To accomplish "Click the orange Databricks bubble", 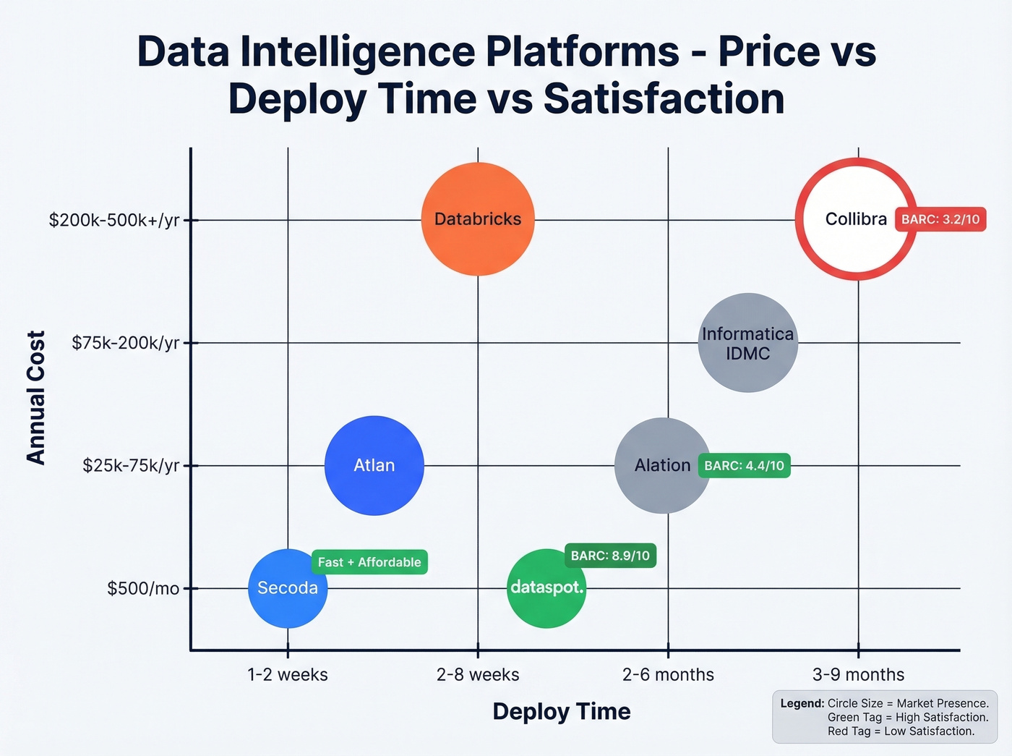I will [478, 219].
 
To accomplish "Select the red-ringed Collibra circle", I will [856, 219].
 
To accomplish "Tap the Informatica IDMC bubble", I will [747, 343].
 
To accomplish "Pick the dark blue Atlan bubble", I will [374, 465].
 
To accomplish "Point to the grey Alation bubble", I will [662, 465].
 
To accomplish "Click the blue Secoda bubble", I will [288, 588].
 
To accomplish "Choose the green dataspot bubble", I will [546, 588].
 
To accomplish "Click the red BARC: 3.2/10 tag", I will [940, 219].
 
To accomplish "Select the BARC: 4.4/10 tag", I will [744, 465].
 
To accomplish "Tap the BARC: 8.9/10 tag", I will [610, 556].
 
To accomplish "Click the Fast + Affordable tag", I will [369, 562].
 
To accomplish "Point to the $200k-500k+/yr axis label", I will [114, 220].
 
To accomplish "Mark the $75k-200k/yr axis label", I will [125, 343].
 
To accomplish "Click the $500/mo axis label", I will [143, 588].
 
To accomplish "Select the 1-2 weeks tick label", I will [288, 674].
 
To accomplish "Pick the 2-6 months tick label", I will [668, 674].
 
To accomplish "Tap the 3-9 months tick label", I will [858, 674].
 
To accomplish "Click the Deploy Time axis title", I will [562, 711].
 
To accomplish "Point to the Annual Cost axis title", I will [36, 397].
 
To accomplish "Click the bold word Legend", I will [802, 703].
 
